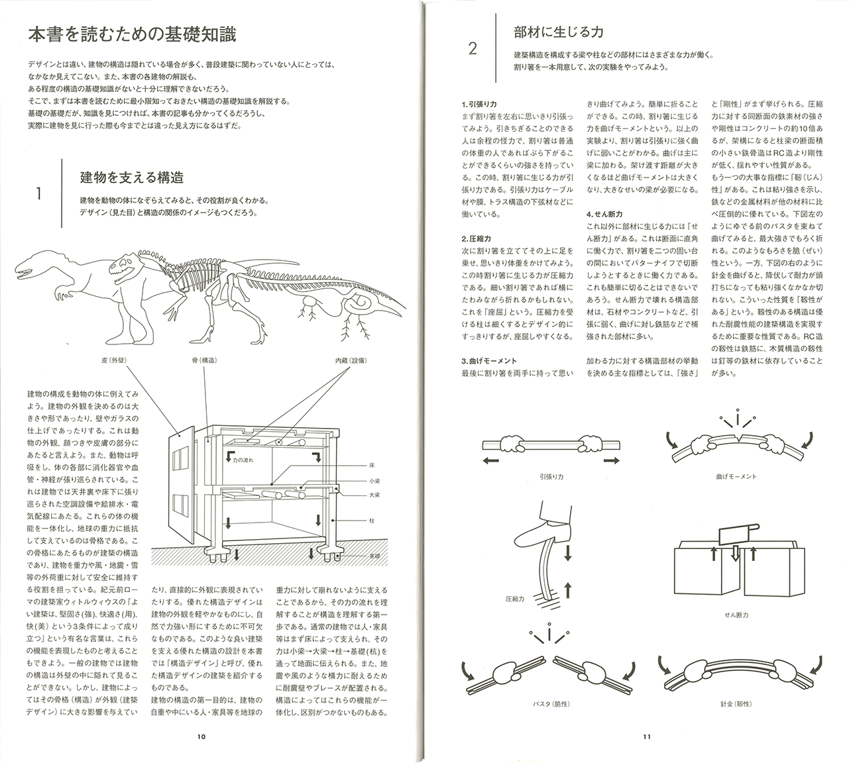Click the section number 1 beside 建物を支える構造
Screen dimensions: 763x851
click(x=39, y=193)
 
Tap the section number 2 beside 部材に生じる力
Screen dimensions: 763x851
click(x=472, y=48)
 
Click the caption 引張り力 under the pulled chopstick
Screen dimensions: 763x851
click(x=551, y=476)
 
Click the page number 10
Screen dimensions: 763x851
click(x=201, y=736)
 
